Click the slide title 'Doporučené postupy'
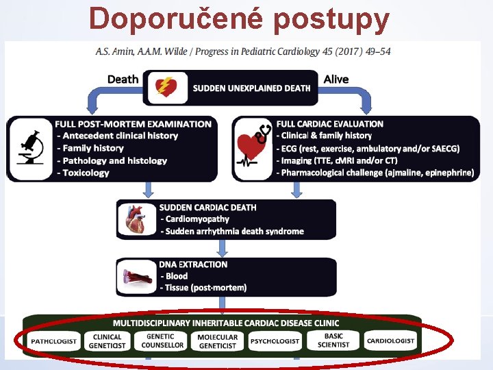pos(239,18)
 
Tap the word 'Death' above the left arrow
pos(123,79)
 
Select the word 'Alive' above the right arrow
pos(336,79)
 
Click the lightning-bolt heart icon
pos(166,87)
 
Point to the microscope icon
pos(30,149)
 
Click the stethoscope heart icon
pos(253,149)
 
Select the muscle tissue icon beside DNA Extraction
pos(136,277)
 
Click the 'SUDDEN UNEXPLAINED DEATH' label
pos(251,88)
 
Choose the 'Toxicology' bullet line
pos(86,173)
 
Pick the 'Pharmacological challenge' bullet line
pos(375,173)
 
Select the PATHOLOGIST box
pos(54,341)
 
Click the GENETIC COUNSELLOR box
pos(162,341)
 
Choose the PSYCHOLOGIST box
pos(275,341)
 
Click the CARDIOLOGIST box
pos(390,341)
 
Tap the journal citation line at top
pos(244,52)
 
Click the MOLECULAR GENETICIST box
pos(218,341)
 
